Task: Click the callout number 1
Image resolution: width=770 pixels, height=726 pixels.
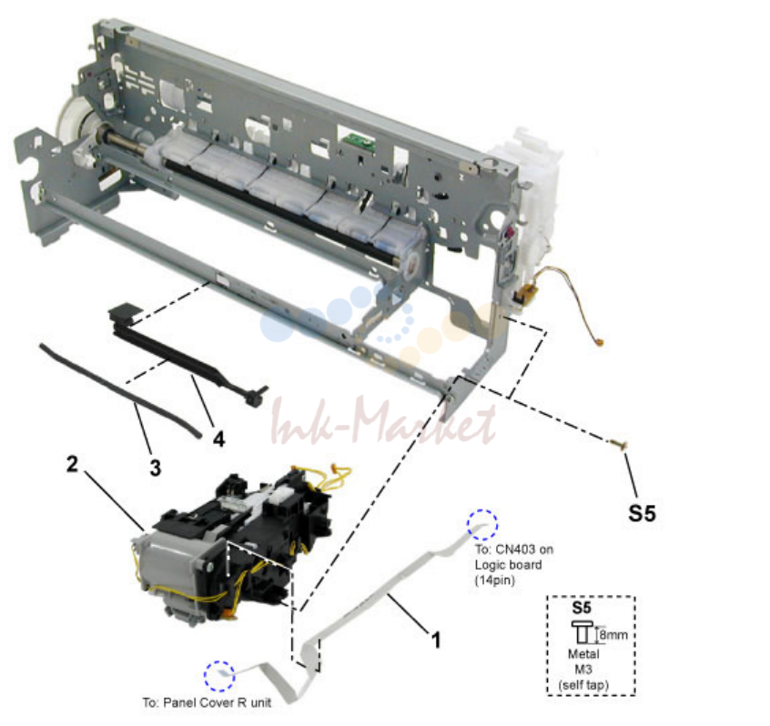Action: point(436,640)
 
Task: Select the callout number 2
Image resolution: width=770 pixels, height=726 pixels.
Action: point(72,464)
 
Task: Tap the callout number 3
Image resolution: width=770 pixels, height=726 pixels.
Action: point(155,468)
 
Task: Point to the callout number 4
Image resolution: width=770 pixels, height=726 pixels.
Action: point(219,439)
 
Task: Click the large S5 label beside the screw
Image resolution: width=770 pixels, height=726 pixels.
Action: point(642,513)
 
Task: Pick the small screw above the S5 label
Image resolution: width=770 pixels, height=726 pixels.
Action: point(619,445)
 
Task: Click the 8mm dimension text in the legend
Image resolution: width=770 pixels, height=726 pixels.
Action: point(613,635)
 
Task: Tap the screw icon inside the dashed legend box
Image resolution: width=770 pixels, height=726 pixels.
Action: point(583,632)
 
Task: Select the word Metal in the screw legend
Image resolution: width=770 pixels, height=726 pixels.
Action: point(583,654)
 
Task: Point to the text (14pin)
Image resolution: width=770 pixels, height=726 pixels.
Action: point(494,580)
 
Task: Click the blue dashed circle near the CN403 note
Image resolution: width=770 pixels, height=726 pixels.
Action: point(482,525)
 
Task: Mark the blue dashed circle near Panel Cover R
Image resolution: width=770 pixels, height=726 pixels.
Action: point(219,676)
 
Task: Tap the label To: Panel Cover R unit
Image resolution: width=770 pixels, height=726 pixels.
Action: point(207,703)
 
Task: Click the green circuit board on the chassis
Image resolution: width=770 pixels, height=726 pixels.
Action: point(359,141)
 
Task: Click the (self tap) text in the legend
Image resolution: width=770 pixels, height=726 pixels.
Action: point(583,685)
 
